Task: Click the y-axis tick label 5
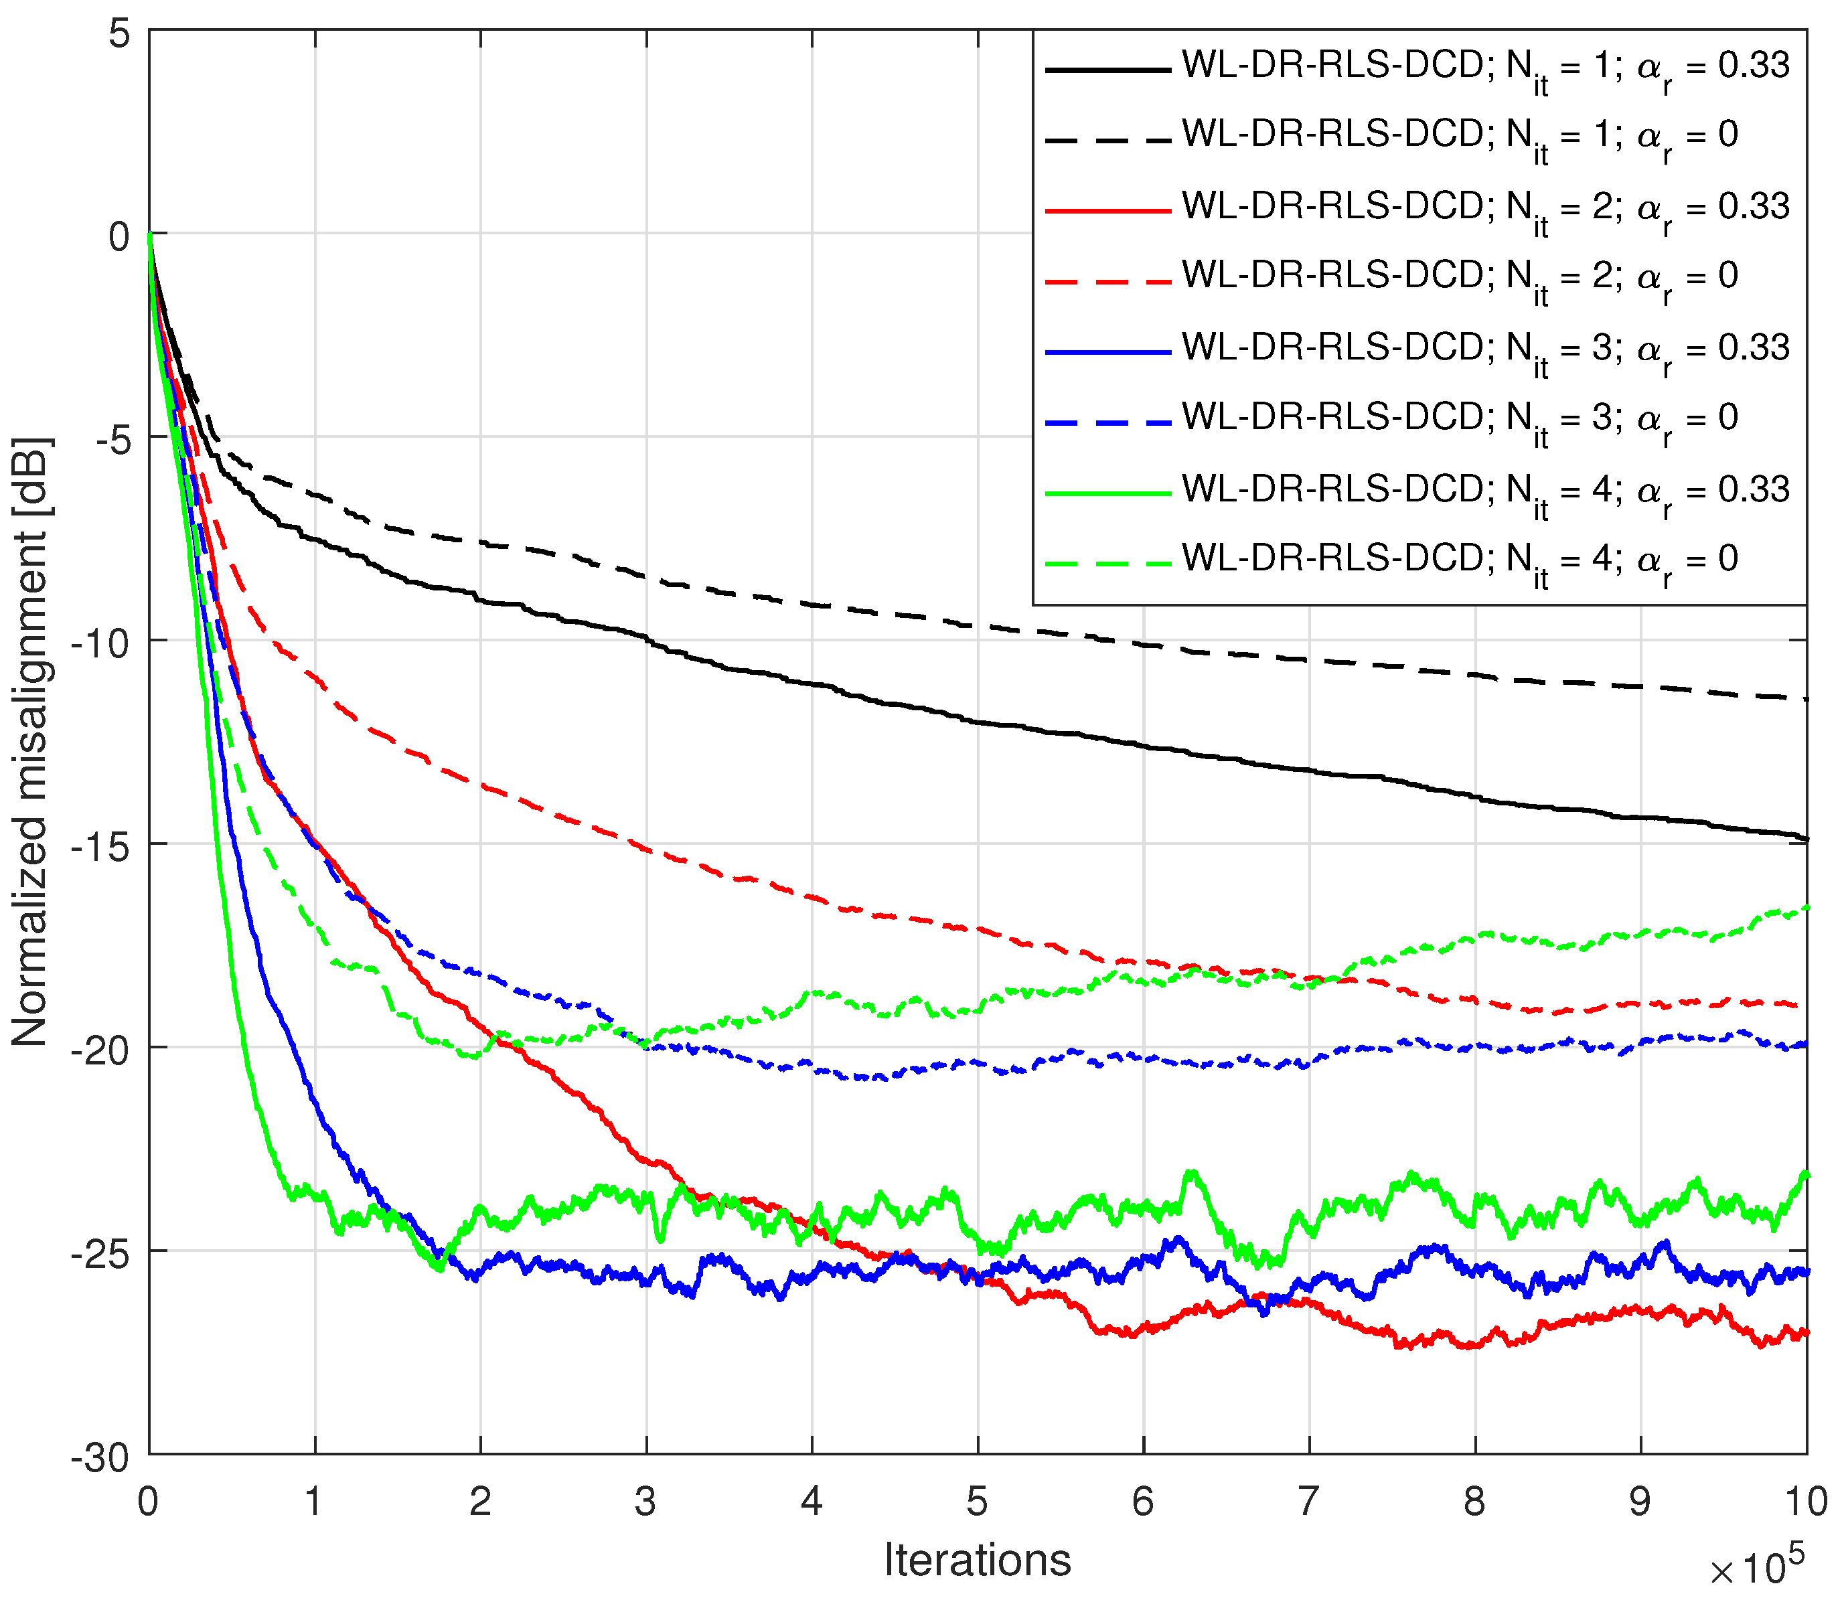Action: coord(119,35)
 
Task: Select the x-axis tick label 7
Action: coord(1308,1502)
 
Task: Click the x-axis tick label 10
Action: coord(1806,1502)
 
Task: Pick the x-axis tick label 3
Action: coord(645,1502)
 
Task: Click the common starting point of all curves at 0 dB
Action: coord(150,234)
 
